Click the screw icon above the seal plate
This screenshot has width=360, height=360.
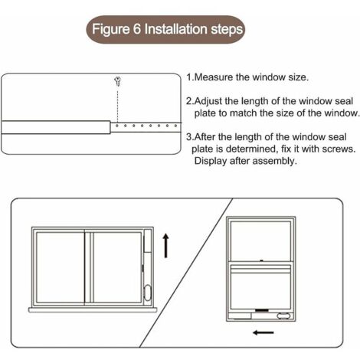click(117, 79)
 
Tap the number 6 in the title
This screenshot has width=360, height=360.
click(142, 31)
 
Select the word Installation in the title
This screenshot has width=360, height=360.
click(178, 31)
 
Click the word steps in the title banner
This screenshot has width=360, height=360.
click(226, 31)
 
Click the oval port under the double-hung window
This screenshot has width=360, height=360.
click(283, 315)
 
